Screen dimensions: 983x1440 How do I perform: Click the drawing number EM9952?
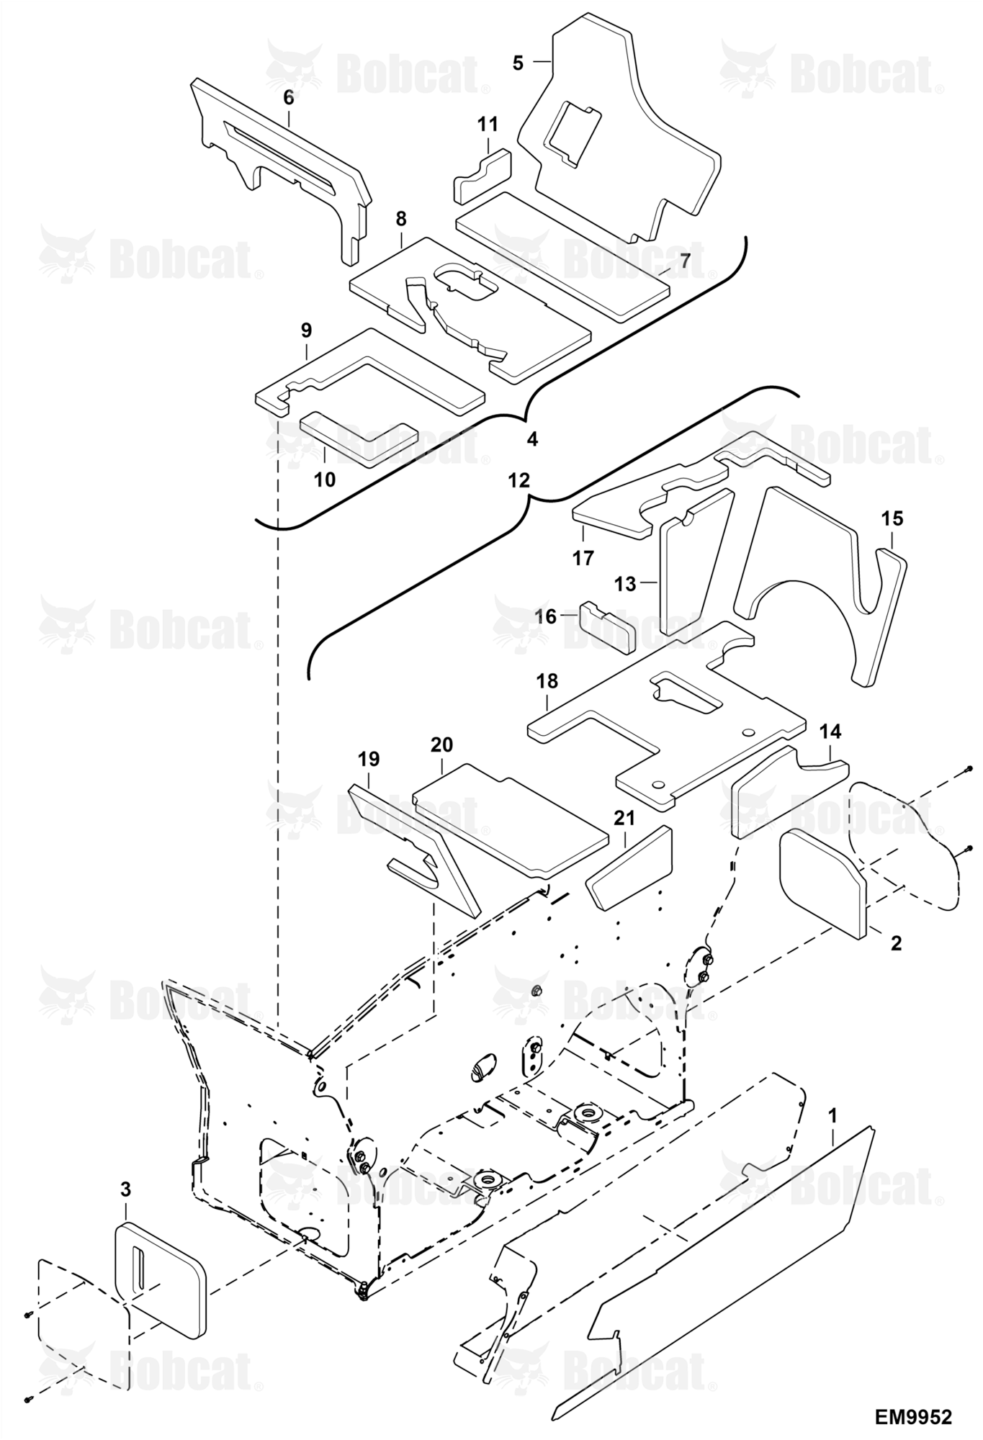[x=913, y=1417]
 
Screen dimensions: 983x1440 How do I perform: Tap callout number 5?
[x=519, y=63]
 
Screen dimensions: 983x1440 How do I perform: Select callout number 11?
[x=488, y=125]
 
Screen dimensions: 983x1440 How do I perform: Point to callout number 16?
[x=546, y=616]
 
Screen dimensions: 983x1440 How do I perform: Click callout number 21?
[x=624, y=817]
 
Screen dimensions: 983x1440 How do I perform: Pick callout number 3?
[x=125, y=1189]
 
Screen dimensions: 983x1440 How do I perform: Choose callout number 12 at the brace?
[x=519, y=480]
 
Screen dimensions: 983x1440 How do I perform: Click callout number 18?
[x=547, y=681]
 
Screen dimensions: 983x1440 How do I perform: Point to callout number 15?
[x=892, y=518]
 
